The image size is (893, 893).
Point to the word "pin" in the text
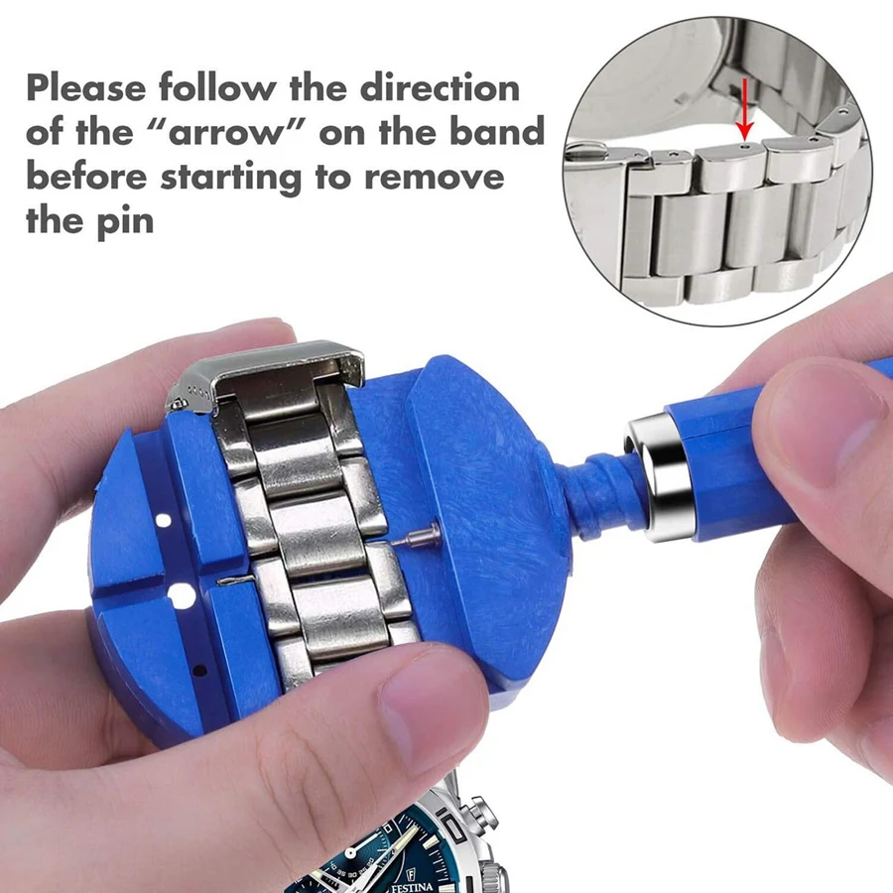126,220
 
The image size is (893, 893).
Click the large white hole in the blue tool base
181,594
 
